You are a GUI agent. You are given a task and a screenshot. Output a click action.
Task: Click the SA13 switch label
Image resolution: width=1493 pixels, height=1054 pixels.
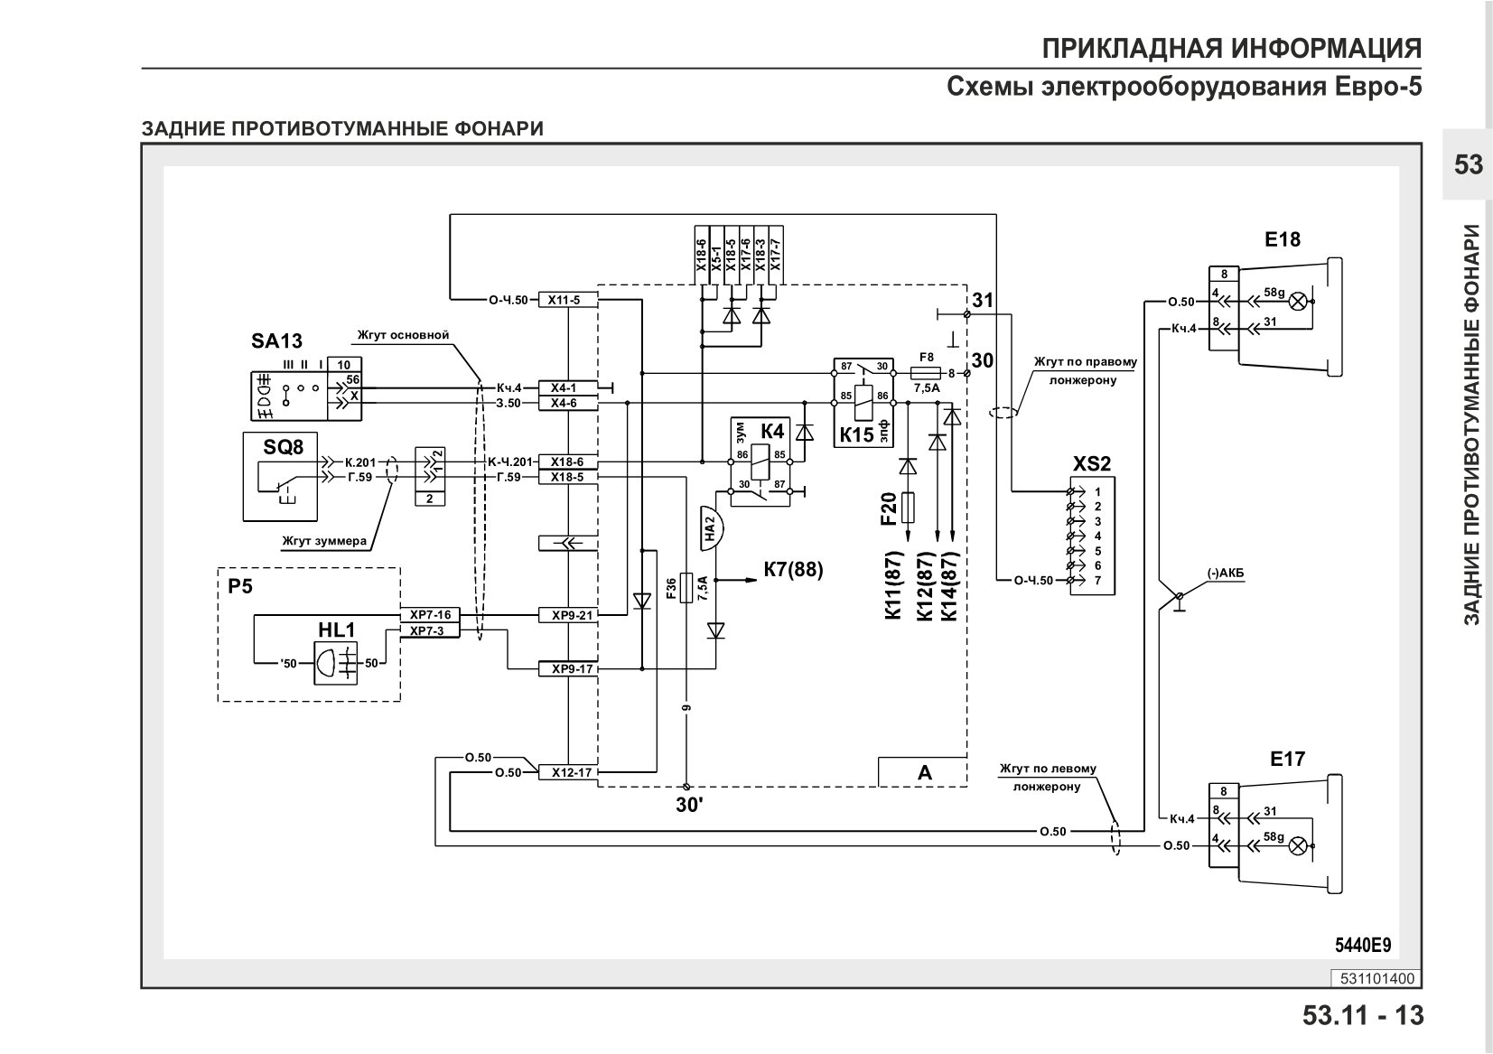(x=276, y=340)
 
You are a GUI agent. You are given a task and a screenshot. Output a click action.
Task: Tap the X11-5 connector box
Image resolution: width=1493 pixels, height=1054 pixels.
(x=568, y=300)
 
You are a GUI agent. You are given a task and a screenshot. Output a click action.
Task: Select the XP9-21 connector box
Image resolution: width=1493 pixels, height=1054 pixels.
(x=568, y=615)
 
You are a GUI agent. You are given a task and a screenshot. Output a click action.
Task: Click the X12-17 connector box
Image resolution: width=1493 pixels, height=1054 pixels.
(x=568, y=773)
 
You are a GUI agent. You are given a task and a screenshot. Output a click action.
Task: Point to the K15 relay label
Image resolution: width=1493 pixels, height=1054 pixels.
(x=856, y=434)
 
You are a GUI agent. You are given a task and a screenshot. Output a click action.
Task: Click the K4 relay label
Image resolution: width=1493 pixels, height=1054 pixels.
(x=772, y=432)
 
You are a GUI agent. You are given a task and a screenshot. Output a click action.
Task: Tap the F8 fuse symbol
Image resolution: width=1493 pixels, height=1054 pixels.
(x=925, y=373)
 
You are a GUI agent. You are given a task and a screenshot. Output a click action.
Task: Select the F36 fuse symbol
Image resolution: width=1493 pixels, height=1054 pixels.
(x=686, y=587)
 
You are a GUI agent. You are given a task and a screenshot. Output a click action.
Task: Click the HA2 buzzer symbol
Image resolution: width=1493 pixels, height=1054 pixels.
(x=711, y=528)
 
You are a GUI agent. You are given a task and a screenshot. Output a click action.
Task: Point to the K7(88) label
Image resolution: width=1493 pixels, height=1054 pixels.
(x=794, y=569)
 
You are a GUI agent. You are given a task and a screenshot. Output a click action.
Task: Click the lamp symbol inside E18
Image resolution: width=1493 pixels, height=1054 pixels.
(x=1297, y=302)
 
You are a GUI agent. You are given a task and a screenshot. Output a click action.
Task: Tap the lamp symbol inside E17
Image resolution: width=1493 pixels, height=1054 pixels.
(x=1297, y=846)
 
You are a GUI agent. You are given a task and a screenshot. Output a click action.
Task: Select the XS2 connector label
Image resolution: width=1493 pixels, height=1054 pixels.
(x=1092, y=463)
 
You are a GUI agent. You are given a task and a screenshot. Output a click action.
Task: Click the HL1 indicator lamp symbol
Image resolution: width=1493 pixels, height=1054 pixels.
(x=335, y=663)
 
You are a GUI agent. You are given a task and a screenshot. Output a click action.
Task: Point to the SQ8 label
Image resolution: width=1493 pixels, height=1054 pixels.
(x=284, y=447)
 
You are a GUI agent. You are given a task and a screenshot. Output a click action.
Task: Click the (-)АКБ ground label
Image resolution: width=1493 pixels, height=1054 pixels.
(x=1225, y=574)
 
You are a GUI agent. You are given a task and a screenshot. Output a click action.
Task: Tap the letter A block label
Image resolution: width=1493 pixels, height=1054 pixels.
(x=925, y=773)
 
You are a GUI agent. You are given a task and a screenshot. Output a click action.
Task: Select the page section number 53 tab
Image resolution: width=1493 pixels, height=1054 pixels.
(x=1469, y=164)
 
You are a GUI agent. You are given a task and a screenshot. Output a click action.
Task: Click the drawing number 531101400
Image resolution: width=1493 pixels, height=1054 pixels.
(x=1377, y=979)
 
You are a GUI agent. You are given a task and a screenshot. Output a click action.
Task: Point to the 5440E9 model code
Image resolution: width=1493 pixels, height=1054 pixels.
(x=1363, y=946)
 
